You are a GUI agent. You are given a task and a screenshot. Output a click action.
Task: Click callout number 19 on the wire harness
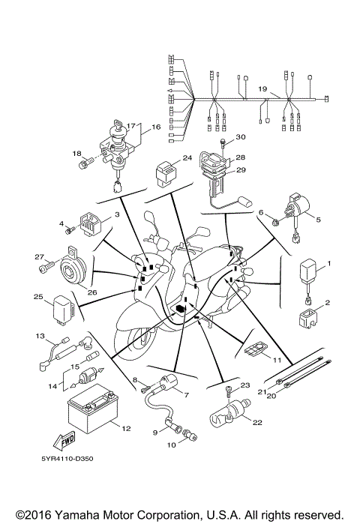point(262,88)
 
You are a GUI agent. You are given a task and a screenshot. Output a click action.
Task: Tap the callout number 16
point(156,127)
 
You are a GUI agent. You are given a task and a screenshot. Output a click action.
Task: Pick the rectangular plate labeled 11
point(256,349)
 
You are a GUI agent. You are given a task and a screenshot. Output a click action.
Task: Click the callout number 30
point(241,137)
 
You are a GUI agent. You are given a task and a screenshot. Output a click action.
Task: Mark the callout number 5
point(317,220)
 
